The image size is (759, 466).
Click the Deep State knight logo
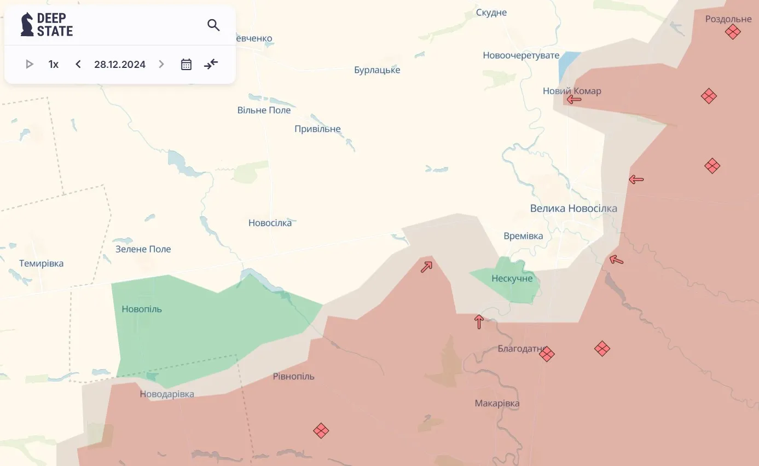[27, 25]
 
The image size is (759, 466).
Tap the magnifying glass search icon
[213, 25]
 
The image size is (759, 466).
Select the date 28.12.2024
[120, 65]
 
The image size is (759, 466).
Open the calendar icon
[186, 65]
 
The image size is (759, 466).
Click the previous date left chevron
[78, 65]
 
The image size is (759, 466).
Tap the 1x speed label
[54, 65]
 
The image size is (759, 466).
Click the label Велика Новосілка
[573, 209]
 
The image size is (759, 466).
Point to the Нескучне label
[512, 279]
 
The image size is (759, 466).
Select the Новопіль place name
[142, 309]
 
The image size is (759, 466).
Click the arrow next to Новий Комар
[573, 100]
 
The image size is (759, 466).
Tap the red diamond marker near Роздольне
[732, 32]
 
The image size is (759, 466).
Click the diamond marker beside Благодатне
[547, 354]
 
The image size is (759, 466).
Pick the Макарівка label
[497, 404]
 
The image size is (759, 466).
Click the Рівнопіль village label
[293, 377]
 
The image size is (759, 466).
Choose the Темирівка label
[41, 263]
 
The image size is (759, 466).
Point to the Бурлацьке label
[377, 70]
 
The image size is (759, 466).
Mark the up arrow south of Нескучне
[479, 322]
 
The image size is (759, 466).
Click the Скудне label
[491, 13]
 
